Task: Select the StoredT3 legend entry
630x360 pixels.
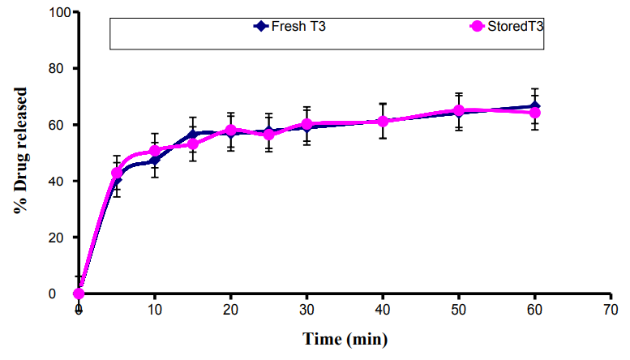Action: coord(507,26)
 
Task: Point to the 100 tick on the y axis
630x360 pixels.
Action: coord(58,13)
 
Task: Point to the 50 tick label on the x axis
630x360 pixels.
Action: coord(459,310)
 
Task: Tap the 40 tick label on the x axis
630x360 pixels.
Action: coord(383,310)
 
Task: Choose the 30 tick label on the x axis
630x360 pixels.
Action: coord(306,310)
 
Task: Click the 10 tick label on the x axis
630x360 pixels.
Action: coord(155,310)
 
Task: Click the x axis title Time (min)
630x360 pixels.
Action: coord(345,338)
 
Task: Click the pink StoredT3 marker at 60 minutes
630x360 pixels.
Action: coord(535,113)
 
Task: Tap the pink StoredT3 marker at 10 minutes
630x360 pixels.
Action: coord(155,151)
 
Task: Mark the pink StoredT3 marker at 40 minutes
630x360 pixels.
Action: coord(383,121)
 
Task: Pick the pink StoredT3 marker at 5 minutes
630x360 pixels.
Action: coord(117,173)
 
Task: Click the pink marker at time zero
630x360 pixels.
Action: coord(79,294)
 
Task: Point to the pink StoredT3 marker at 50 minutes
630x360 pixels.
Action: coord(459,110)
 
